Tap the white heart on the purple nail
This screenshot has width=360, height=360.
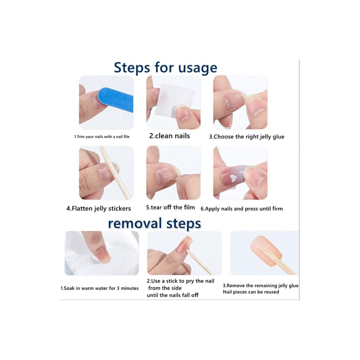point(233,178)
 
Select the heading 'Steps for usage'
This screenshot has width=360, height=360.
point(165,67)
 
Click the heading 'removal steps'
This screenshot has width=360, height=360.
point(155,223)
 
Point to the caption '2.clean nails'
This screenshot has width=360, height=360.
point(169,136)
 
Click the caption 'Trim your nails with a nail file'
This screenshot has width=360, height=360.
point(103,137)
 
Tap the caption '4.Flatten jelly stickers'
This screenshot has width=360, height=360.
point(98,208)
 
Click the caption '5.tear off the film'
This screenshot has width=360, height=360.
point(171,207)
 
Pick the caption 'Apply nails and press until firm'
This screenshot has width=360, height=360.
point(244,209)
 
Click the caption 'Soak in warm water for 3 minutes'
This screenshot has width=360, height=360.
point(101,288)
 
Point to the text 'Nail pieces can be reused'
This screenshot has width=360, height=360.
point(251,292)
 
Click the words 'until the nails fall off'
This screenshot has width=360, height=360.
point(173,295)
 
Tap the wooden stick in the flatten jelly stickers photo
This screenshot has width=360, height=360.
point(115,172)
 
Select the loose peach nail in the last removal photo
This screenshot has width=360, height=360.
point(266,250)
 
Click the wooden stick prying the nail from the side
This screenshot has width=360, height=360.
point(200,262)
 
